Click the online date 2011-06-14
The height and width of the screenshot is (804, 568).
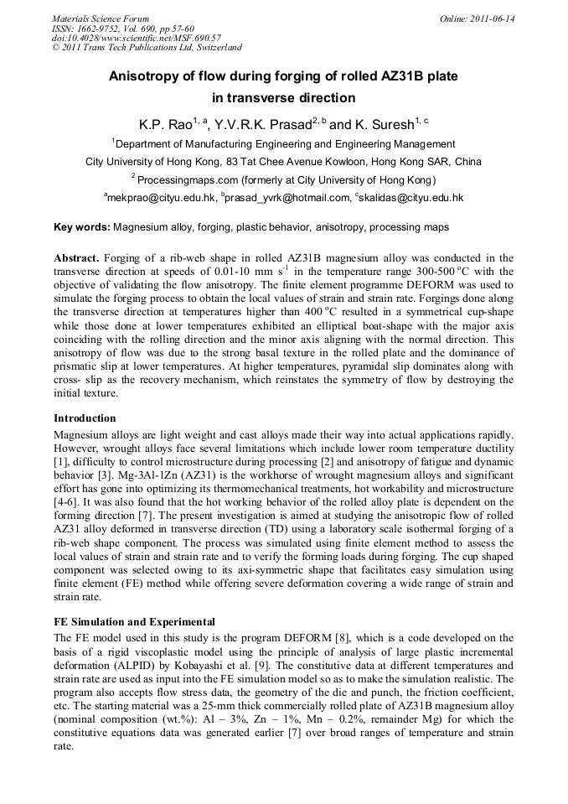pos(493,18)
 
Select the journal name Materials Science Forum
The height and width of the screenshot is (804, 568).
pos(101,18)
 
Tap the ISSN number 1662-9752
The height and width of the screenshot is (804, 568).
pos(108,29)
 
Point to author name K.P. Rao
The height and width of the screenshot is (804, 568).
pos(166,124)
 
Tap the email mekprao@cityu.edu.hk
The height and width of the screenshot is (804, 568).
pos(161,198)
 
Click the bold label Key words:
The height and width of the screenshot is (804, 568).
pos(81,227)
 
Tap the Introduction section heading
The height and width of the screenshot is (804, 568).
pos(85,418)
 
